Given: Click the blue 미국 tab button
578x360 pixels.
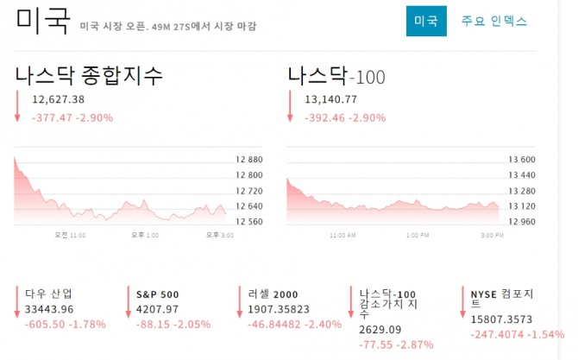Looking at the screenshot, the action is click(x=426, y=21).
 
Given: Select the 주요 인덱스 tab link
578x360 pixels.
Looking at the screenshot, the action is click(x=494, y=21).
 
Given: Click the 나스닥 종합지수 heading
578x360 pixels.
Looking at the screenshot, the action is click(x=89, y=75).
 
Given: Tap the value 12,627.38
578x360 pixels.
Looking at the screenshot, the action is click(x=59, y=99).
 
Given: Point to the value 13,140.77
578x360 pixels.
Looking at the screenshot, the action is click(x=330, y=99).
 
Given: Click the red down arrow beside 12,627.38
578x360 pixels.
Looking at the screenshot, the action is click(x=17, y=106).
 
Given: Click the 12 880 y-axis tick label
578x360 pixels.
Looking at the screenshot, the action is click(x=249, y=160).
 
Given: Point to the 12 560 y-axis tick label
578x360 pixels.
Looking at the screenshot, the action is click(x=249, y=221).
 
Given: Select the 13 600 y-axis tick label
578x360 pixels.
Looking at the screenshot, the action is click(x=522, y=160).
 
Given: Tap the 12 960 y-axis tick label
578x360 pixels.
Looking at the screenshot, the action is click(x=522, y=221).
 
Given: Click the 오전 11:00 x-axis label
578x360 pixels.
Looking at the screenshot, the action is click(x=70, y=235).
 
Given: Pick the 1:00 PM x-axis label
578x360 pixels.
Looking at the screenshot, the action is click(x=418, y=236).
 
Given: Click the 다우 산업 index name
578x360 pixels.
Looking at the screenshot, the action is click(x=48, y=294).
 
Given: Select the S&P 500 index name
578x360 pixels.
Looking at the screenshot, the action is click(x=157, y=294).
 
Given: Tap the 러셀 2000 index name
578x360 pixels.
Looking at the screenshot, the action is click(x=273, y=294).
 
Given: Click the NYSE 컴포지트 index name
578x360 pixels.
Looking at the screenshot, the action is click(x=502, y=299).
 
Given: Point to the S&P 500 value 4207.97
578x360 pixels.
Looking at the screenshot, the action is click(x=157, y=309).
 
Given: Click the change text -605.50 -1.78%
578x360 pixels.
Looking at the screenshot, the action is click(x=66, y=325).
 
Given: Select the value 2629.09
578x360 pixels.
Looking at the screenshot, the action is click(x=380, y=330).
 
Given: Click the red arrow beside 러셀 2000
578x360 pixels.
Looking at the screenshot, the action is click(x=240, y=301).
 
